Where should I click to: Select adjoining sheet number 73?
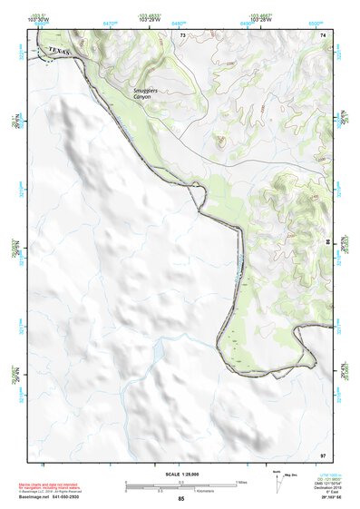181,34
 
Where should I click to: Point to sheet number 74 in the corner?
323,34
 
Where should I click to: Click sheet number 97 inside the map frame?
323,453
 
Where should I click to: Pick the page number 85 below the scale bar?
180,499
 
